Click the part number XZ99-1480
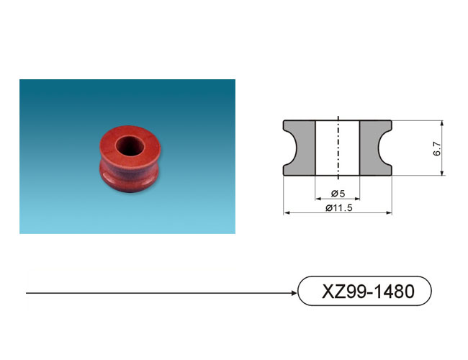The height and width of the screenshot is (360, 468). click(368, 292)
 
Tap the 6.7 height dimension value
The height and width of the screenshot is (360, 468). click(436, 148)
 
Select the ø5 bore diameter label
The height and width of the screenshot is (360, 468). click(338, 194)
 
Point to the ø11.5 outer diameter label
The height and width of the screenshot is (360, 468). click(339, 207)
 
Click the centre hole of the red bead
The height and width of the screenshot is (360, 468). click(130, 146)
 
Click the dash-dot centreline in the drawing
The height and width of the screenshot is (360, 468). click(338, 148)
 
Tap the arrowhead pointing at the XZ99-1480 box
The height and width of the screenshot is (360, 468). click(294, 293)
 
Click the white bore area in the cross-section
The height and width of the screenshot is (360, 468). click(338, 148)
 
